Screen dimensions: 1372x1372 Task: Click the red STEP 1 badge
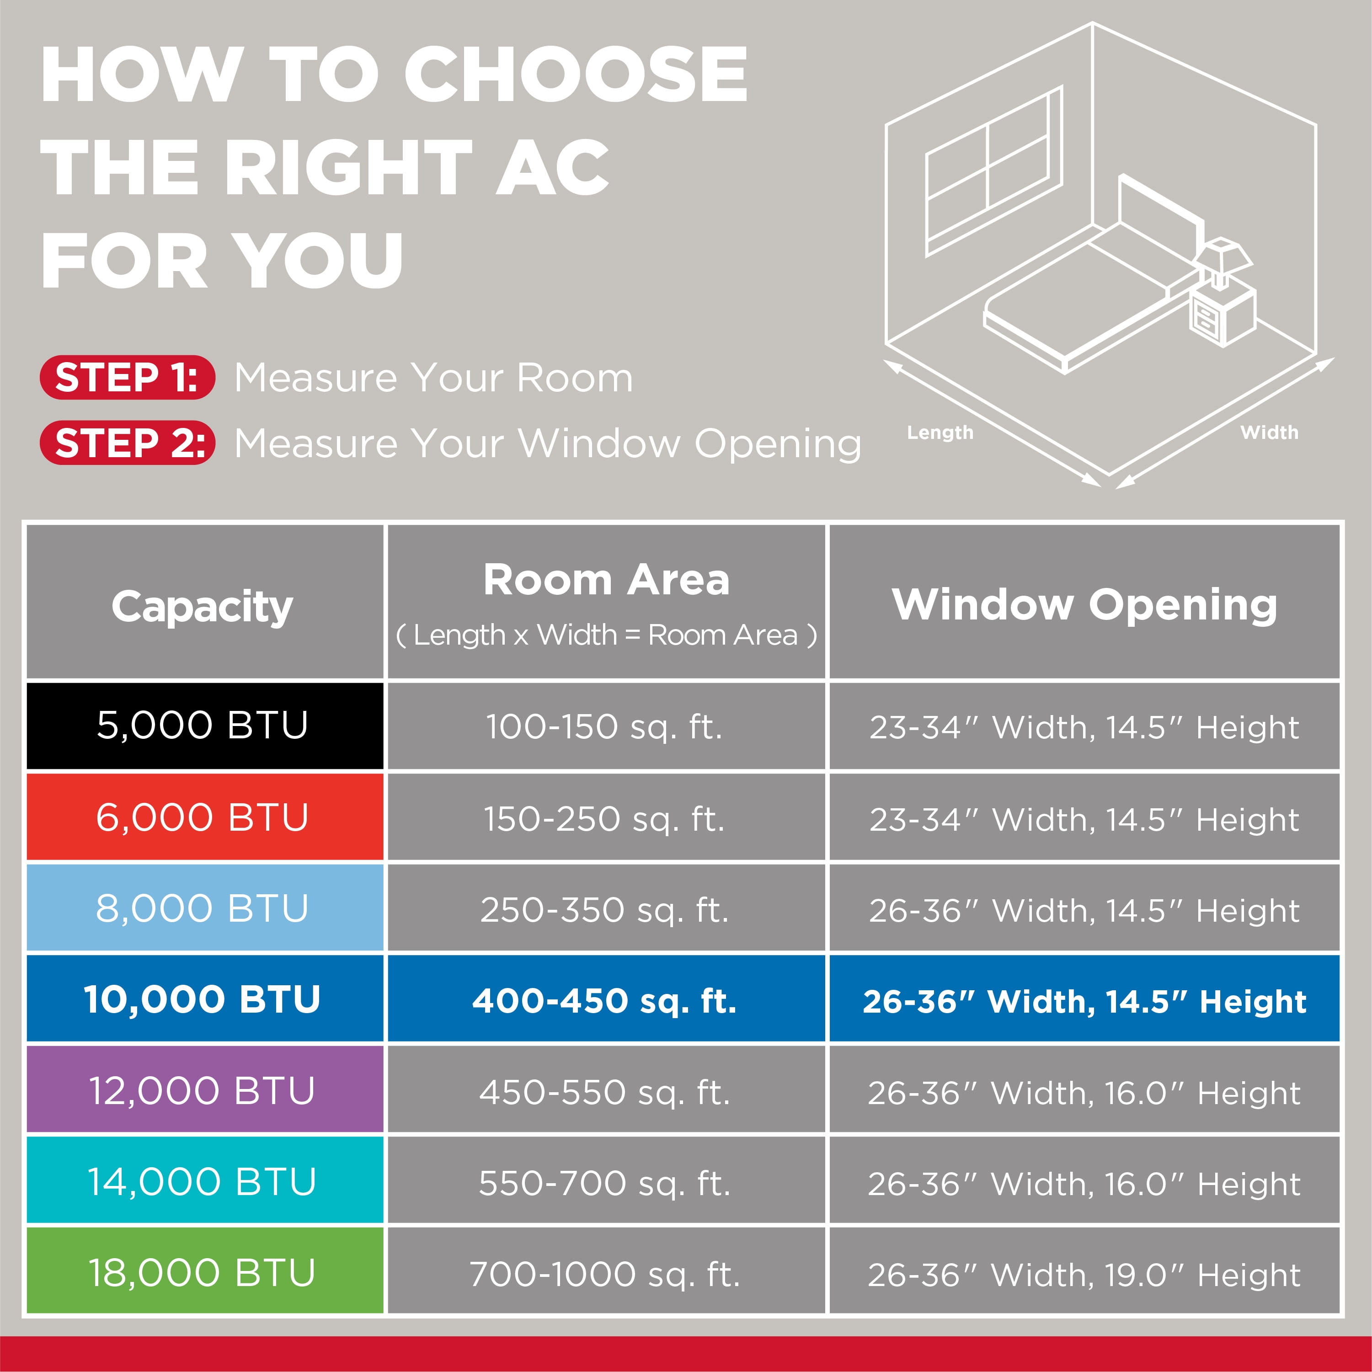click(x=127, y=377)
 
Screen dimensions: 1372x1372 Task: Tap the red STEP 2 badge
click(x=127, y=443)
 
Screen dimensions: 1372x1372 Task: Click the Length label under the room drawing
click(x=940, y=432)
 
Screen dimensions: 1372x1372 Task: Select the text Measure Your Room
click(x=433, y=377)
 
